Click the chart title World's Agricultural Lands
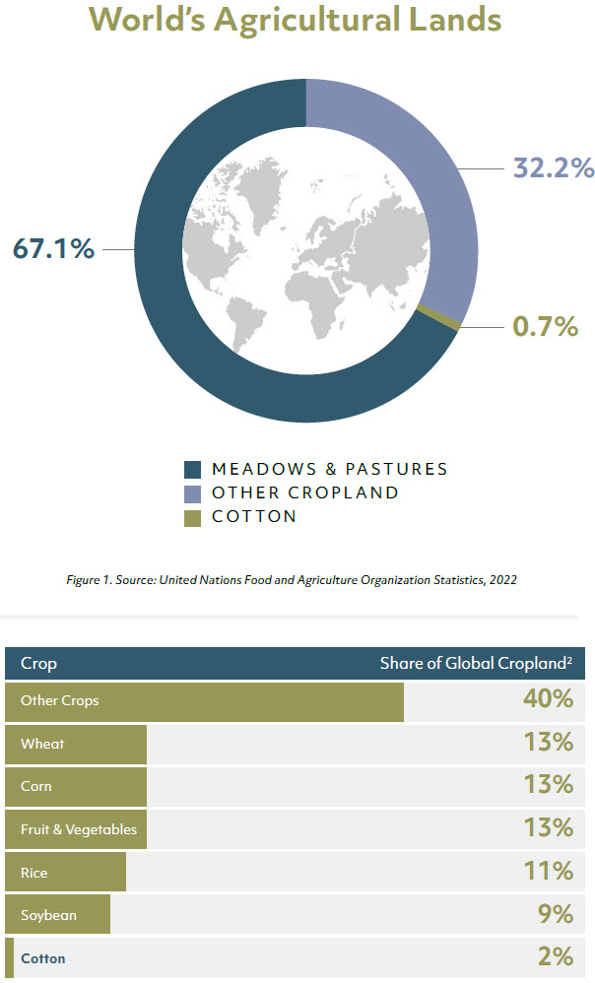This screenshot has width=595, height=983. click(x=295, y=20)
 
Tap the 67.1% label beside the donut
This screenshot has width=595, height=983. click(x=53, y=249)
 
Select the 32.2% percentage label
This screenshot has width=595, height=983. click(x=553, y=168)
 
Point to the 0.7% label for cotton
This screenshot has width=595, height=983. click(x=545, y=326)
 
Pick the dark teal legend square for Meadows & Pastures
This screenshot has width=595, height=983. click(x=193, y=469)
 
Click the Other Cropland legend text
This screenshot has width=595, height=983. click(x=304, y=492)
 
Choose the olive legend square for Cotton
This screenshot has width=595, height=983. click(x=193, y=516)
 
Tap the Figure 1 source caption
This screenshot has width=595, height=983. click(x=297, y=580)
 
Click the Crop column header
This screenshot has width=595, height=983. click(x=38, y=663)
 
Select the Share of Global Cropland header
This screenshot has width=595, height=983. click(x=476, y=663)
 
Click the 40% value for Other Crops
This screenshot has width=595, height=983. click(x=548, y=700)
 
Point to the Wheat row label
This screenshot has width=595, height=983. click(x=42, y=744)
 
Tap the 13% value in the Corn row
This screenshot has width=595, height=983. click(x=549, y=786)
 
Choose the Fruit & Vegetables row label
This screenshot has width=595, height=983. click(x=79, y=829)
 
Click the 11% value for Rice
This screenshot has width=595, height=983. click(x=549, y=872)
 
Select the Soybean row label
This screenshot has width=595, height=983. click(x=48, y=915)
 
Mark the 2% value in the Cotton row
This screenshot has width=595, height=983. click(x=556, y=957)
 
